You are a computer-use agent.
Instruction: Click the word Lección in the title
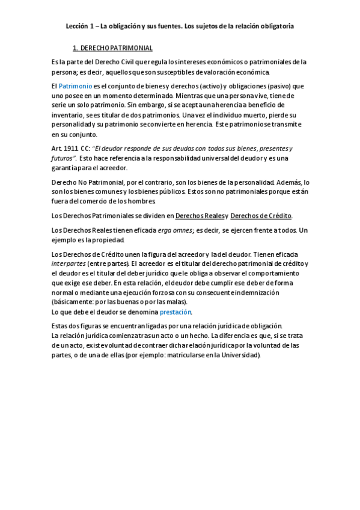(x=77, y=26)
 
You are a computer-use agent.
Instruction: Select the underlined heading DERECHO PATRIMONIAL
(x=116, y=48)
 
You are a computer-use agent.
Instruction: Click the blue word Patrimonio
(x=75, y=86)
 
